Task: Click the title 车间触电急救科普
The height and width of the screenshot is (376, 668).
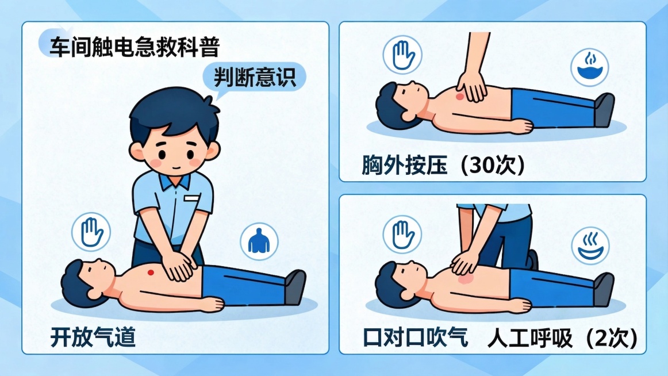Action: [133, 47]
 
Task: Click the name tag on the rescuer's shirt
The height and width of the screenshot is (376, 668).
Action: [191, 198]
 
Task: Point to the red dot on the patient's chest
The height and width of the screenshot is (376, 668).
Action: [151, 271]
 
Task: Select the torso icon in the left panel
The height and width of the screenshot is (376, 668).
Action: [258, 240]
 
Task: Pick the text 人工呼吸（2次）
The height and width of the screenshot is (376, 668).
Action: [562, 338]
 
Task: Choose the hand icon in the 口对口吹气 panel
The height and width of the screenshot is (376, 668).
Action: [402, 236]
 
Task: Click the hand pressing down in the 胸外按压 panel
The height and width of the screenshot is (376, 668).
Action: [472, 87]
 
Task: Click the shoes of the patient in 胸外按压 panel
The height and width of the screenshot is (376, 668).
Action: [604, 110]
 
